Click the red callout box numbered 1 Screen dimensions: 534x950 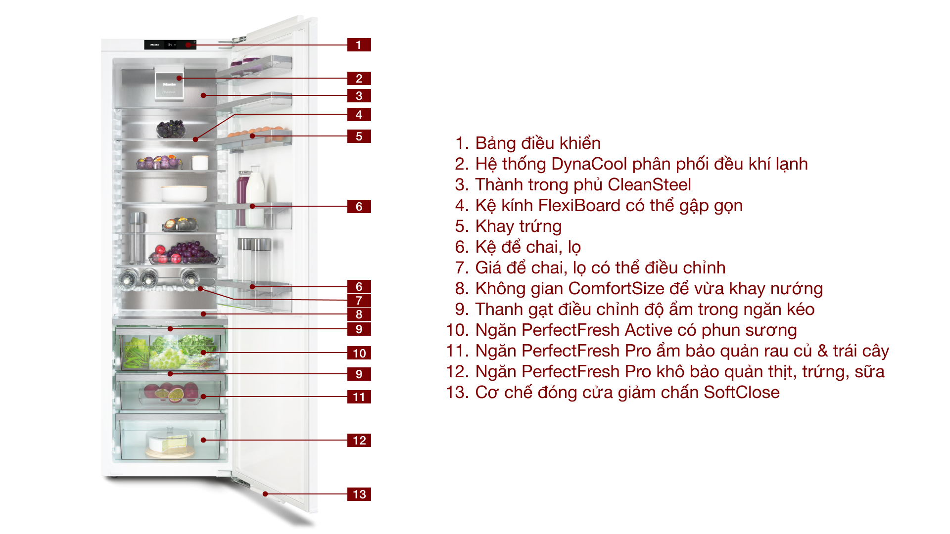[359, 45]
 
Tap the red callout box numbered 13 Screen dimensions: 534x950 [359, 494]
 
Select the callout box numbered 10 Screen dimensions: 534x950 [359, 353]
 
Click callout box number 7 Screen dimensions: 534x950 [359, 300]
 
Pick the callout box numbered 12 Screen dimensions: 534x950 [359, 440]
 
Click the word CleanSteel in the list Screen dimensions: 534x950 [649, 185]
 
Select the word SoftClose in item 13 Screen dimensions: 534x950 [741, 393]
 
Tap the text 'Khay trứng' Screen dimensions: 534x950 [518, 226]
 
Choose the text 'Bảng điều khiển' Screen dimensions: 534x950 [537, 143]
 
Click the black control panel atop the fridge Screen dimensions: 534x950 [170, 44]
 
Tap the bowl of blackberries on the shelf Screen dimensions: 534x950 [171, 130]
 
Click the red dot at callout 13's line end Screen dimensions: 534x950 [265, 493]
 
